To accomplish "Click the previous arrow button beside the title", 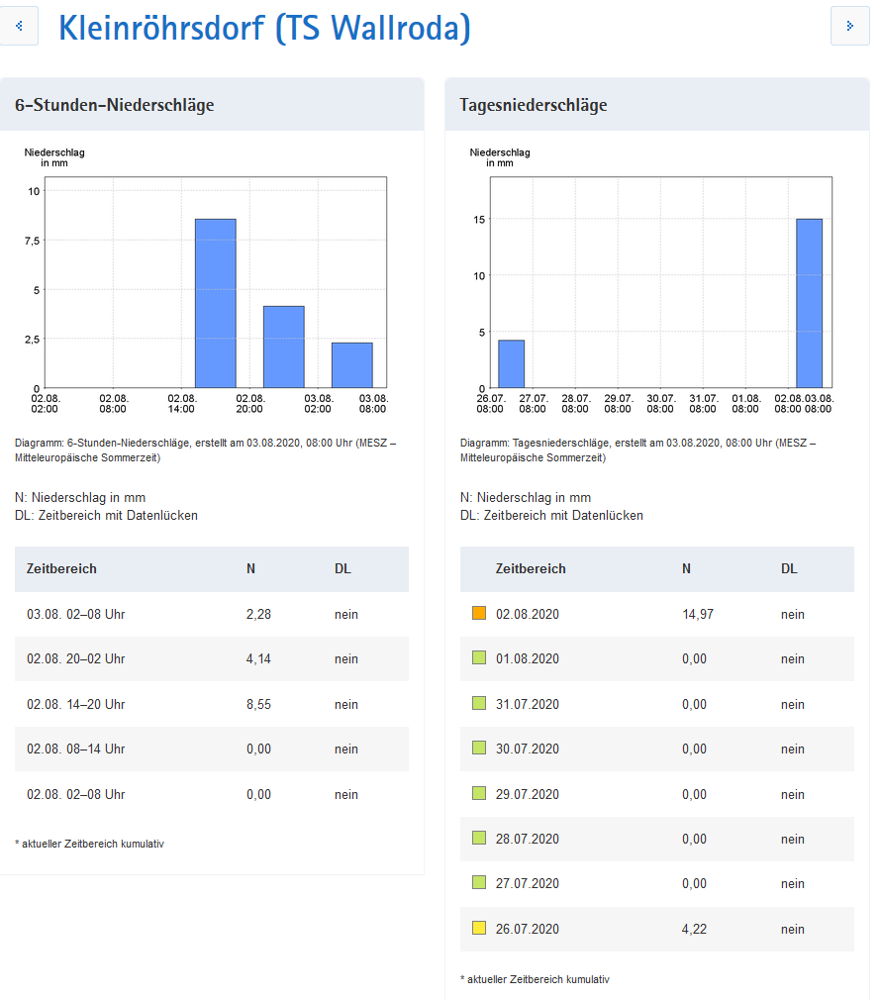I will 19,27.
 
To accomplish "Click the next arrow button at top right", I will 849,27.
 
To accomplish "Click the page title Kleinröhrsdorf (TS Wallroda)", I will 264,28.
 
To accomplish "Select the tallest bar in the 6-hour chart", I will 215,303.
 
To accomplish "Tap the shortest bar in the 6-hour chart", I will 351,364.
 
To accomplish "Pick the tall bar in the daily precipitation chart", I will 809,303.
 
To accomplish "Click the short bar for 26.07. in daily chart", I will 511,363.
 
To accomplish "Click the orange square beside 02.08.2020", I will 479,614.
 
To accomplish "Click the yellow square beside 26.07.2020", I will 479,929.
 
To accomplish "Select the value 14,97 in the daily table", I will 697,614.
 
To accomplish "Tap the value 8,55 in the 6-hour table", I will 258,704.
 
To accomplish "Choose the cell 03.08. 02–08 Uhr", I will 76,614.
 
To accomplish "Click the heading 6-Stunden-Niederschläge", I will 115,105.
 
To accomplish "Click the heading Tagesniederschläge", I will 534,105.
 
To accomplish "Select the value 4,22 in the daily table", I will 694,929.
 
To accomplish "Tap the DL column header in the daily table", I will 789,569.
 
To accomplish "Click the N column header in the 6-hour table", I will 251,569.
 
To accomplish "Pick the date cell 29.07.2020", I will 527,794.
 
